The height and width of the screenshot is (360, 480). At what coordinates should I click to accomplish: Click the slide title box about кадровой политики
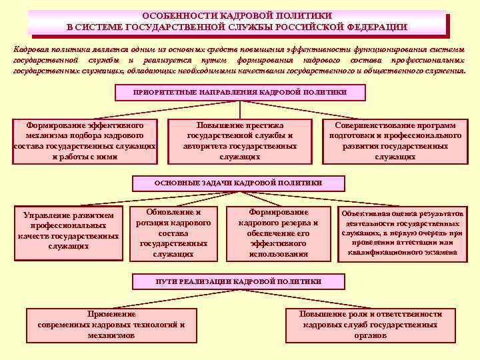(237, 21)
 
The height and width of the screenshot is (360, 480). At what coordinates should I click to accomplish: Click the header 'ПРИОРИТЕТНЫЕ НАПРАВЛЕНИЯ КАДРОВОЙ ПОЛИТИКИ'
(240, 91)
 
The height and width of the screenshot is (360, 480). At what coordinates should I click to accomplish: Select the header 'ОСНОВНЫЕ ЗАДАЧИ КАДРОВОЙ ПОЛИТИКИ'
(238, 182)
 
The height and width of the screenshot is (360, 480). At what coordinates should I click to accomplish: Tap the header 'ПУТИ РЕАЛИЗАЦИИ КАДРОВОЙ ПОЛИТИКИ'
(238, 281)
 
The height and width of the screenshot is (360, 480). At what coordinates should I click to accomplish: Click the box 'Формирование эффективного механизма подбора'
(85, 141)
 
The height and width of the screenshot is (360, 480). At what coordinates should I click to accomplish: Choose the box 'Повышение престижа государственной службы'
(240, 141)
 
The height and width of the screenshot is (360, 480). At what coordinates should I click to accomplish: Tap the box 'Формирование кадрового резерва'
(278, 233)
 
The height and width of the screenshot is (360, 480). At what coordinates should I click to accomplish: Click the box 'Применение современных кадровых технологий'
(111, 325)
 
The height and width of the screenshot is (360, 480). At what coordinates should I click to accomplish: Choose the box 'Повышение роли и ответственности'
(371, 325)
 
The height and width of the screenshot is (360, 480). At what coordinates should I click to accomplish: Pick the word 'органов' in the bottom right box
(371, 335)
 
